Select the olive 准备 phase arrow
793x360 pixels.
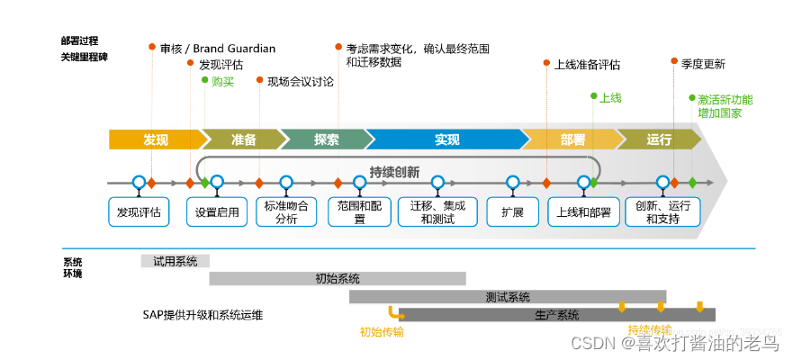(x=241, y=139)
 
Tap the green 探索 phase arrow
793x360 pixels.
(x=325, y=139)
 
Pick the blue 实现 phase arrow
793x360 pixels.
(x=446, y=139)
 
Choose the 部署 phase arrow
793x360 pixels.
(x=572, y=139)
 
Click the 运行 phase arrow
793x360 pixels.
(x=659, y=139)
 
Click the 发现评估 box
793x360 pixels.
(x=139, y=212)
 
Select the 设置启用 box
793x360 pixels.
(x=217, y=212)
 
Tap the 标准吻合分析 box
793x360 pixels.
(x=286, y=212)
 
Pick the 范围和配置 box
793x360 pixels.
(x=359, y=212)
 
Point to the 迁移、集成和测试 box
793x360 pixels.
(x=437, y=212)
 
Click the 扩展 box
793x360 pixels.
(x=511, y=212)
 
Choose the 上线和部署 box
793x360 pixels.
(x=583, y=212)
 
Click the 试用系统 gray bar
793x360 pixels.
(x=175, y=261)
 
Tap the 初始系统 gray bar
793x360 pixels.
(x=338, y=278)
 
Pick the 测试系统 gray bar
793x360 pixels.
(x=507, y=297)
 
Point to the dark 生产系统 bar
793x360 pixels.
(x=556, y=315)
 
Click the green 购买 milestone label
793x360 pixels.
(x=221, y=81)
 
